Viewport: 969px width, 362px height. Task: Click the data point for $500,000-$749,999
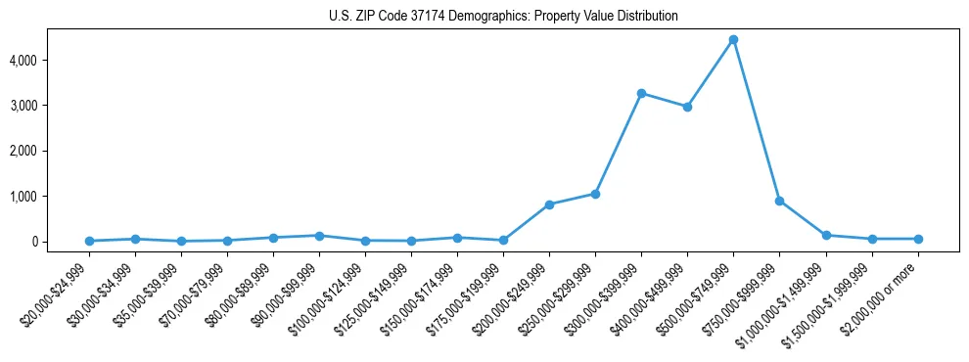click(733, 40)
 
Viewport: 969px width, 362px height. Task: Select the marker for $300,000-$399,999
click(641, 94)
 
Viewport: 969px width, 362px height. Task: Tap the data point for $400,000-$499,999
click(687, 107)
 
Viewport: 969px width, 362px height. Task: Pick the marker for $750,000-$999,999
click(779, 201)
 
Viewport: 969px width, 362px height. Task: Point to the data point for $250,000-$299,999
click(595, 194)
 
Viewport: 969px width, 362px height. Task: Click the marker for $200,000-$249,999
click(549, 204)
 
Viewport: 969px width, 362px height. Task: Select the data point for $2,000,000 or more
click(917, 239)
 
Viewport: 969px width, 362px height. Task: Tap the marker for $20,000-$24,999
click(89, 241)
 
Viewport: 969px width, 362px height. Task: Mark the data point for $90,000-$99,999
click(319, 236)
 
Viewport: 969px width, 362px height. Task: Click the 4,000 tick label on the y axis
click(25, 60)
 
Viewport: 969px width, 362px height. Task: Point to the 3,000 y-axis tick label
click(25, 106)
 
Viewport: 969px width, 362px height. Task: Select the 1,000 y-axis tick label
click(25, 197)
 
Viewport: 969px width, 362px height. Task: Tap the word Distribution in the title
click(641, 17)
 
